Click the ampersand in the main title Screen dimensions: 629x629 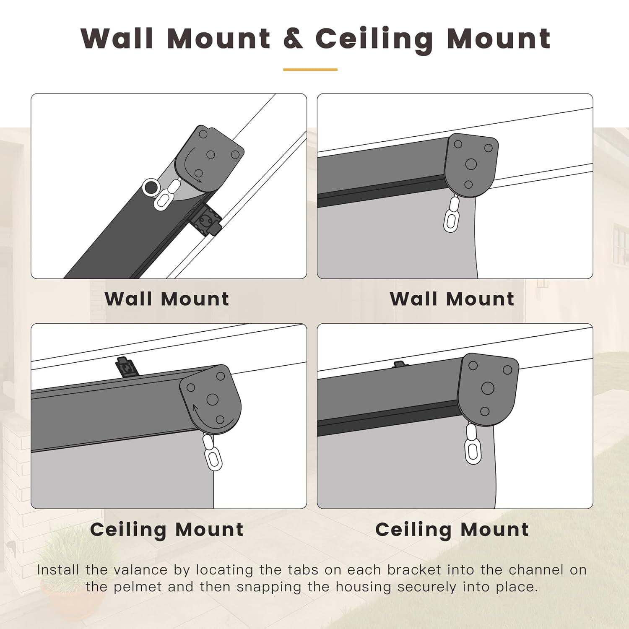[293, 39]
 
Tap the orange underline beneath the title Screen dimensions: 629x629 [310, 70]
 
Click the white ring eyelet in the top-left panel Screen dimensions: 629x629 [150, 187]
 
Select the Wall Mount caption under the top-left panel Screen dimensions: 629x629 [167, 299]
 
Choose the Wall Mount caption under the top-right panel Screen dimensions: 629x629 [452, 299]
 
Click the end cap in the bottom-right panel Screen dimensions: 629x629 [487, 388]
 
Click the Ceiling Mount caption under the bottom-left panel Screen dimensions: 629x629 [167, 529]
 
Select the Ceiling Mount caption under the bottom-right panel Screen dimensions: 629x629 [452, 529]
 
